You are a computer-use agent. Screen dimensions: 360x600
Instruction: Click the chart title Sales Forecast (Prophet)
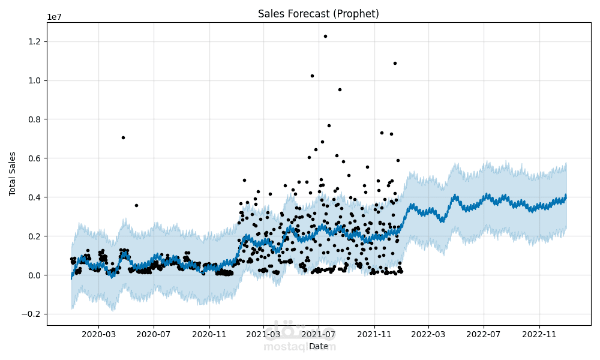pyautogui.click(x=318, y=14)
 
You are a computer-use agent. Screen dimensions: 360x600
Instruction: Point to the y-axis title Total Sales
pyautogui.click(x=13, y=173)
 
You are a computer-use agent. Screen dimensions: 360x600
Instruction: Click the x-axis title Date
pyautogui.click(x=319, y=346)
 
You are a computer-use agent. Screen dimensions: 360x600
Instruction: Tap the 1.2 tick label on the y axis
pyautogui.click(x=33, y=41)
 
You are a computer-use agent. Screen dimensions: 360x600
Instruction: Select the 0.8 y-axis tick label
pyautogui.click(x=33, y=119)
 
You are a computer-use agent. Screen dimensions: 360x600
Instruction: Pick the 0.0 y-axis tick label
pyautogui.click(x=33, y=275)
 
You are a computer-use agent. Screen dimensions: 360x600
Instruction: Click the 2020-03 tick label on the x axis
pyautogui.click(x=98, y=334)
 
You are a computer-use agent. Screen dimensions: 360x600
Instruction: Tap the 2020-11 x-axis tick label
pyautogui.click(x=209, y=334)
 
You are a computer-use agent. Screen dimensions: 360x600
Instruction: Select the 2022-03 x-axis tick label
pyautogui.click(x=428, y=334)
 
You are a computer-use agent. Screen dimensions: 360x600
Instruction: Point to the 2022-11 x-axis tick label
pyautogui.click(x=539, y=334)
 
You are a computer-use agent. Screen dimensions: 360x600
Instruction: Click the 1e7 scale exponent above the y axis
pyautogui.click(x=55, y=17)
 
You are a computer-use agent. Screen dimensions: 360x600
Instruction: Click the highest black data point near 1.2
pyautogui.click(x=325, y=36)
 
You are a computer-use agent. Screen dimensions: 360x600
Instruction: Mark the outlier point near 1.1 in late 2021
pyautogui.click(x=395, y=63)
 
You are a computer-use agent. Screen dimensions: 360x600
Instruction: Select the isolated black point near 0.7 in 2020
pyautogui.click(x=123, y=137)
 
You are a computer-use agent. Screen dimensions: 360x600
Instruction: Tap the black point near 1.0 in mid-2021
pyautogui.click(x=312, y=76)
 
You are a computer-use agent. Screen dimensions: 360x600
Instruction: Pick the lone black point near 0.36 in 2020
pyautogui.click(x=136, y=205)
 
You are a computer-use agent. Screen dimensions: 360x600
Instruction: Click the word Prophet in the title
pyautogui.click(x=358, y=14)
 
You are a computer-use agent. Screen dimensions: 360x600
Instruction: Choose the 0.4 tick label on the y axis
pyautogui.click(x=33, y=197)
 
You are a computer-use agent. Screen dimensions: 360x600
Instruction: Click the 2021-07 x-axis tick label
pyautogui.click(x=319, y=334)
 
